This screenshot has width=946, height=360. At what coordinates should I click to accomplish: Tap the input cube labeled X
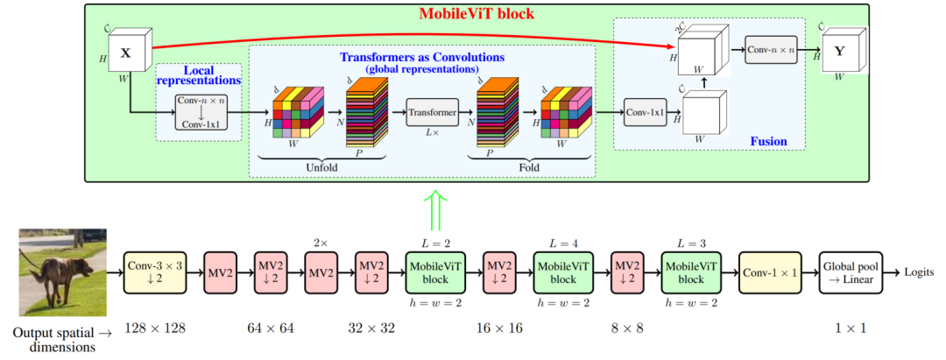click(x=126, y=53)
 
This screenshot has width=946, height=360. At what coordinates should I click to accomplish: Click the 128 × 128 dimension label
click(x=154, y=328)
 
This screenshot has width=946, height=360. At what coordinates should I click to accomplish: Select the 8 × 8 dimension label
click(x=628, y=328)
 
